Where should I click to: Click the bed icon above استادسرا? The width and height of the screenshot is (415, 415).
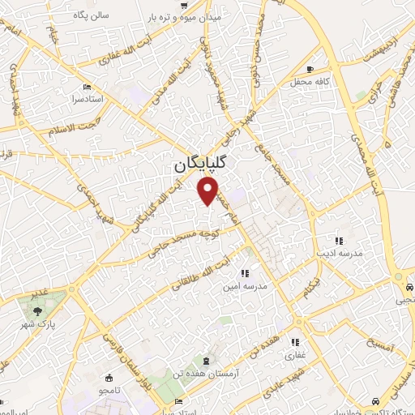(x=88, y=87)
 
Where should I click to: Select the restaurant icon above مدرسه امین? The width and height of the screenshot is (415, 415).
(x=245, y=272)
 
